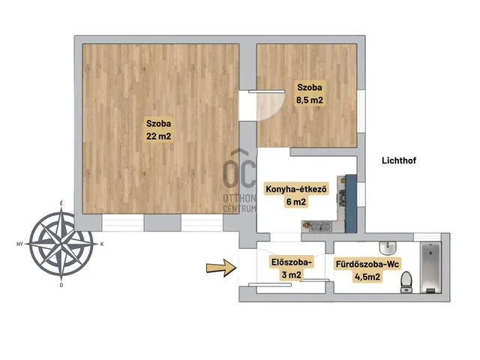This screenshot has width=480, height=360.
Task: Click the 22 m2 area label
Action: [158, 136]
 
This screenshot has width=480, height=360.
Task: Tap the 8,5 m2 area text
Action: [310, 100]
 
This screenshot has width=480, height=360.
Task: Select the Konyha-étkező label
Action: [296, 189]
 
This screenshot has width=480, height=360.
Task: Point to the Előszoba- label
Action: [292, 262]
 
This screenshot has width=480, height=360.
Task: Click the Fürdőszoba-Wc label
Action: [367, 264]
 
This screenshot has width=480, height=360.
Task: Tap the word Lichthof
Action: [399, 160]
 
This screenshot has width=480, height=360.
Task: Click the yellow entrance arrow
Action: [221, 268]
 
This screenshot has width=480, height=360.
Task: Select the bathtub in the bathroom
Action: [431, 268]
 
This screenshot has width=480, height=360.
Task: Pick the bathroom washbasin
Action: [388, 248]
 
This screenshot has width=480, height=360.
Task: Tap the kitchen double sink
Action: [320, 226]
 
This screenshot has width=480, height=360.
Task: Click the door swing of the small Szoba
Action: [271, 105]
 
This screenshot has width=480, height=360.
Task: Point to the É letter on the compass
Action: [61, 203]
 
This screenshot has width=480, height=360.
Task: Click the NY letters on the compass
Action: [20, 244]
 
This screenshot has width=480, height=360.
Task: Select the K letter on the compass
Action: [102, 244]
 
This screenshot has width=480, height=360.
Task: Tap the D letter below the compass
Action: [61, 285]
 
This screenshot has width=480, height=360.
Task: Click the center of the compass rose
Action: [61, 244]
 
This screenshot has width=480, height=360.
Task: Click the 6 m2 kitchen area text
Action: [295, 202]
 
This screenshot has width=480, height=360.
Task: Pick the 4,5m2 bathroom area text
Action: [367, 277]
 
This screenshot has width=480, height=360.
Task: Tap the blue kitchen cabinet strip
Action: [351, 203]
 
